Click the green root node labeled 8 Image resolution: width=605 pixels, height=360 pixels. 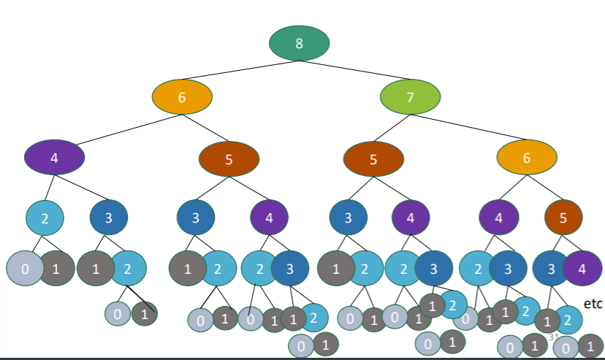point(299,43)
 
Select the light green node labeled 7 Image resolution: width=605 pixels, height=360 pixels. point(410,98)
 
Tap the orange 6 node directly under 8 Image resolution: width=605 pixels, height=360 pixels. point(182,98)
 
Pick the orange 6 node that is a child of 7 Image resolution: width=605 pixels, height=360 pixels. point(527,158)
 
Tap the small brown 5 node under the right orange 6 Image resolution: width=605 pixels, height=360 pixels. point(563,216)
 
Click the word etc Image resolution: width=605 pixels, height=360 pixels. point(593,303)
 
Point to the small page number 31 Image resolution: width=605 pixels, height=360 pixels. point(553,337)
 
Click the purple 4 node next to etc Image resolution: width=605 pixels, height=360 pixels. point(582,269)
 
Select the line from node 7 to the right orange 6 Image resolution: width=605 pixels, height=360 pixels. point(468,128)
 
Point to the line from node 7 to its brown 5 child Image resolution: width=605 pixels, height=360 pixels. point(390,129)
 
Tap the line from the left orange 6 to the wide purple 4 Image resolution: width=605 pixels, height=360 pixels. point(117,128)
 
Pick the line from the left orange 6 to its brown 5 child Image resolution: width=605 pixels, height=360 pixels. point(206,129)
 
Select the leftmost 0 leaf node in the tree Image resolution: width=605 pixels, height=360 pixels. point(25,269)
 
